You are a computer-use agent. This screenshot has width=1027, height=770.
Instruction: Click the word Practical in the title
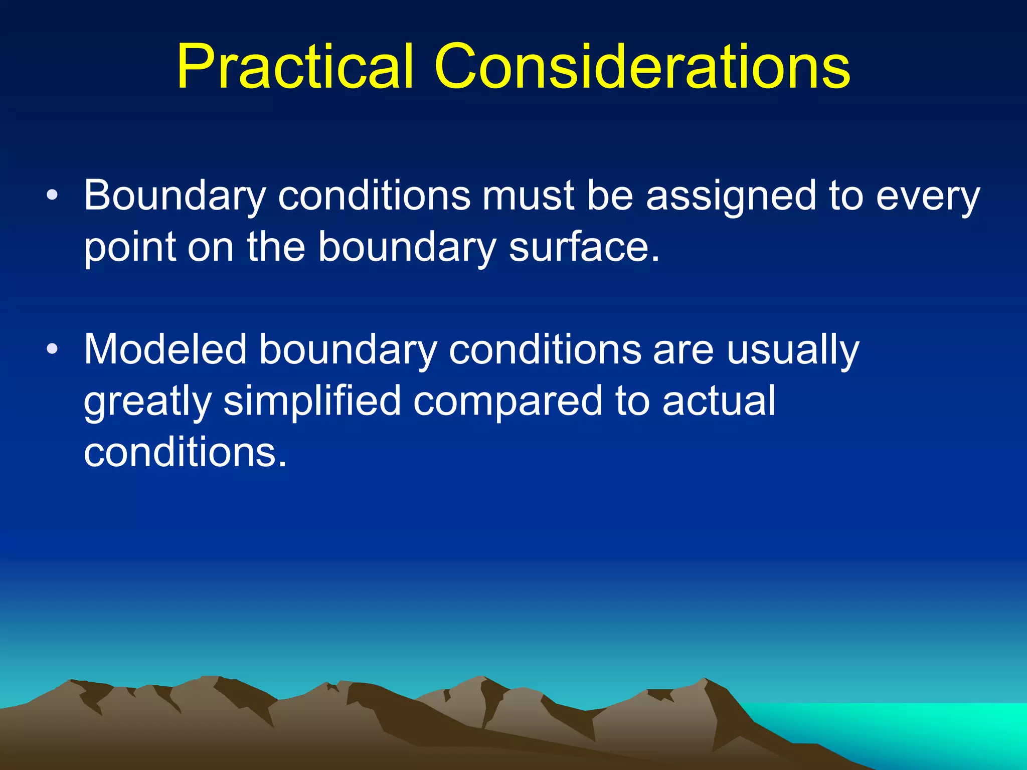click(x=295, y=67)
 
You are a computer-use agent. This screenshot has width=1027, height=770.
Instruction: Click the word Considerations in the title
click(x=642, y=67)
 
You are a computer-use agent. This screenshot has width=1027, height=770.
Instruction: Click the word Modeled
click(x=165, y=349)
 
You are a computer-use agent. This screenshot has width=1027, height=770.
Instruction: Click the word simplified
click(x=312, y=401)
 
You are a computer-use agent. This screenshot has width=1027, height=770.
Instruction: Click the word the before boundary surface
click(x=276, y=247)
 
